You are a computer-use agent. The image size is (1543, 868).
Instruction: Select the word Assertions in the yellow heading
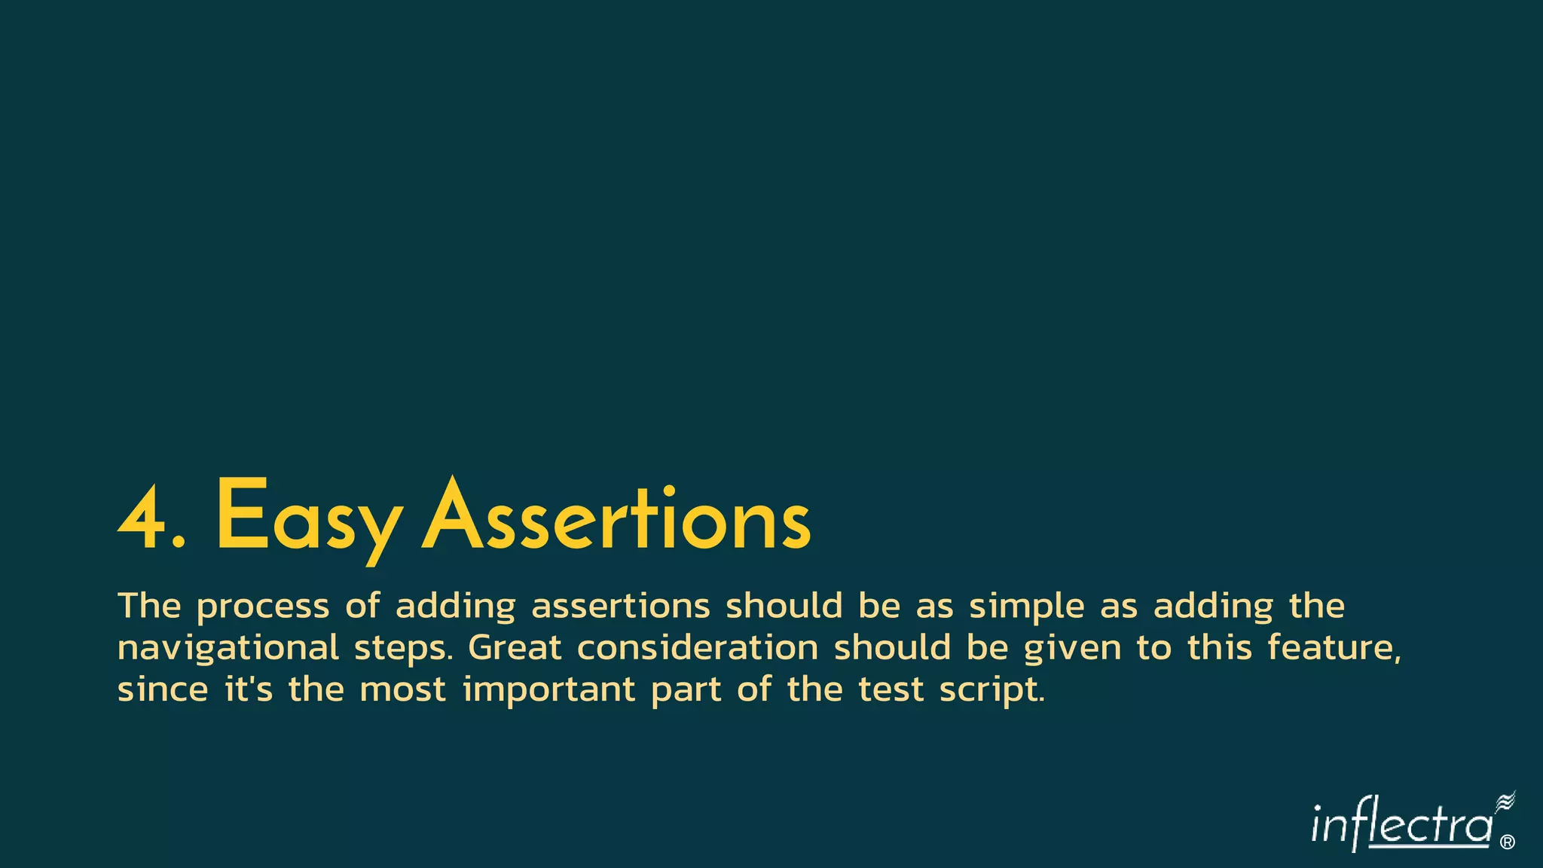click(616, 518)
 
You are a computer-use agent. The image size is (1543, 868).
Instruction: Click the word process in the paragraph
click(263, 607)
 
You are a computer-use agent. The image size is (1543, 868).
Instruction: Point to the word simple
click(1026, 607)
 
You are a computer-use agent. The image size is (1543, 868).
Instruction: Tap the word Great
click(515, 648)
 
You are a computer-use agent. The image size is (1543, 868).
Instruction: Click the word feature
click(1334, 648)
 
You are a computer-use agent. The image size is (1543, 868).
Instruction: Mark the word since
click(163, 689)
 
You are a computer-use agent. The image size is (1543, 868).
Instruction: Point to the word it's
click(249, 689)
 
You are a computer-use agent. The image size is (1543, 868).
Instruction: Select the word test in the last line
click(891, 689)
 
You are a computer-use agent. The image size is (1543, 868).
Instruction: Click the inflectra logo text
click(1401, 827)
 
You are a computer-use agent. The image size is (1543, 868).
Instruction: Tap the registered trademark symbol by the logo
click(1508, 842)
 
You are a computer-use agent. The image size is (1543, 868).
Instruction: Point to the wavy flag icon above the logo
click(1505, 802)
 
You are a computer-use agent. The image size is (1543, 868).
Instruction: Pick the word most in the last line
click(403, 689)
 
